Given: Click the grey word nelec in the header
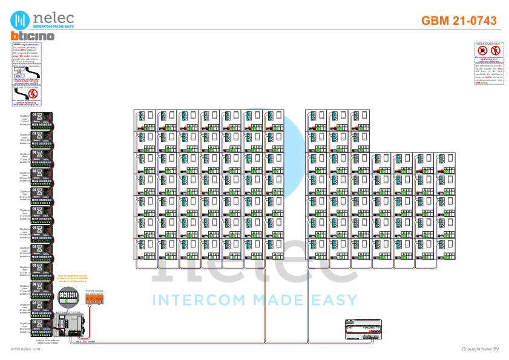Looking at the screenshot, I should tap(53, 17).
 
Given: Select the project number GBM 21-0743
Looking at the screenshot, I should tap(459, 21).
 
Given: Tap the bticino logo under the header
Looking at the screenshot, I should tap(33, 36).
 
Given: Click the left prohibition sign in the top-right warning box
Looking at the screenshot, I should tap(482, 50).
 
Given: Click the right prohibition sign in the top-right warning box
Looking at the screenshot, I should tap(495, 50).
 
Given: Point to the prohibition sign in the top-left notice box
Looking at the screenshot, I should tap(33, 94).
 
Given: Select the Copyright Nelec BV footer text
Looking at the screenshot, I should tap(480, 349).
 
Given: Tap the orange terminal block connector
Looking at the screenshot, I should tap(94, 299).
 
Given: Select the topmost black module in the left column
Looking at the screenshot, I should tap(41, 119).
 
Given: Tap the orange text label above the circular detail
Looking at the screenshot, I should tap(72, 278).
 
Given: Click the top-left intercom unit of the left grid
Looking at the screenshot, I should tap(144, 120).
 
